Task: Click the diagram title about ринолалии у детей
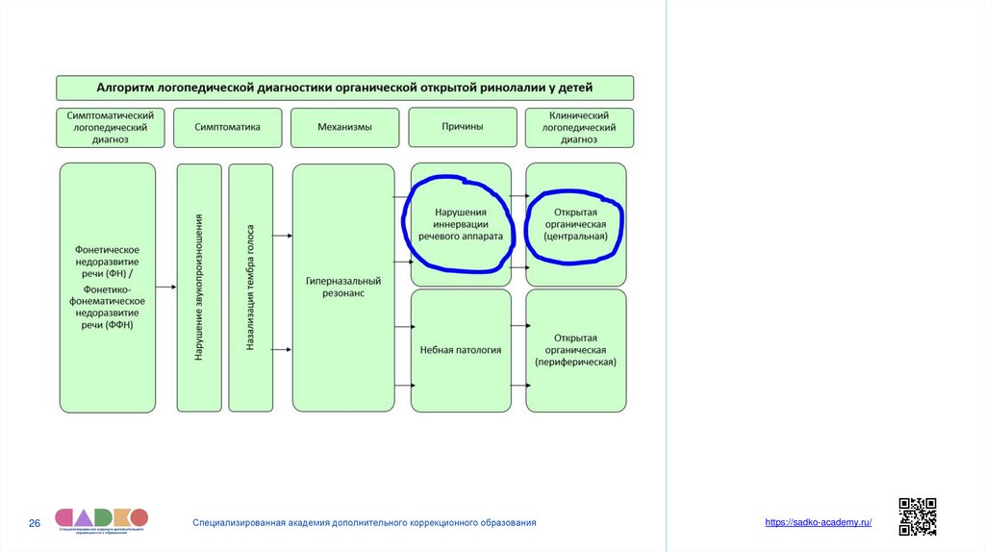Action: pyautogui.click(x=344, y=88)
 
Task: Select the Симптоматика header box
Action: pyautogui.click(x=228, y=127)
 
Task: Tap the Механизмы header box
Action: pyautogui.click(x=344, y=127)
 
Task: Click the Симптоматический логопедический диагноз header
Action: pyautogui.click(x=111, y=127)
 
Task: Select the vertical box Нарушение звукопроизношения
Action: pyautogui.click(x=199, y=287)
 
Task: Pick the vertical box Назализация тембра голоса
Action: pyautogui.click(x=250, y=287)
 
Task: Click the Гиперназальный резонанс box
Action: pyautogui.click(x=343, y=287)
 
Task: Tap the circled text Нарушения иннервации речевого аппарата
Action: pyautogui.click(x=461, y=223)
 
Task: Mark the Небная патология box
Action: pyautogui.click(x=461, y=350)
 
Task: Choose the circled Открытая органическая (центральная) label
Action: pyautogui.click(x=575, y=223)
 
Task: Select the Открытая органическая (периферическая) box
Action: pyautogui.click(x=575, y=350)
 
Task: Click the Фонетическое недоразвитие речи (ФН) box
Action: pyautogui.click(x=108, y=287)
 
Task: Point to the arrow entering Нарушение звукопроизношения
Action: pyautogui.click(x=166, y=287)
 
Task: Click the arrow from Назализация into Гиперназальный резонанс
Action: pyautogui.click(x=283, y=235)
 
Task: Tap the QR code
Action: pyautogui.click(x=917, y=516)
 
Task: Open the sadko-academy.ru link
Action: pyautogui.click(x=818, y=521)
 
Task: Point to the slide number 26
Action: pyautogui.click(x=35, y=523)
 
